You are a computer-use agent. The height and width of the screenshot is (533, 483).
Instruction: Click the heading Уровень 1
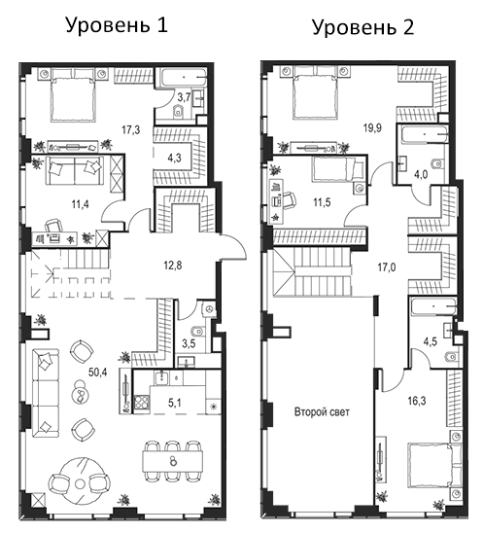point(117,25)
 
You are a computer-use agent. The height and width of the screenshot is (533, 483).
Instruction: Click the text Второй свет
point(322,411)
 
